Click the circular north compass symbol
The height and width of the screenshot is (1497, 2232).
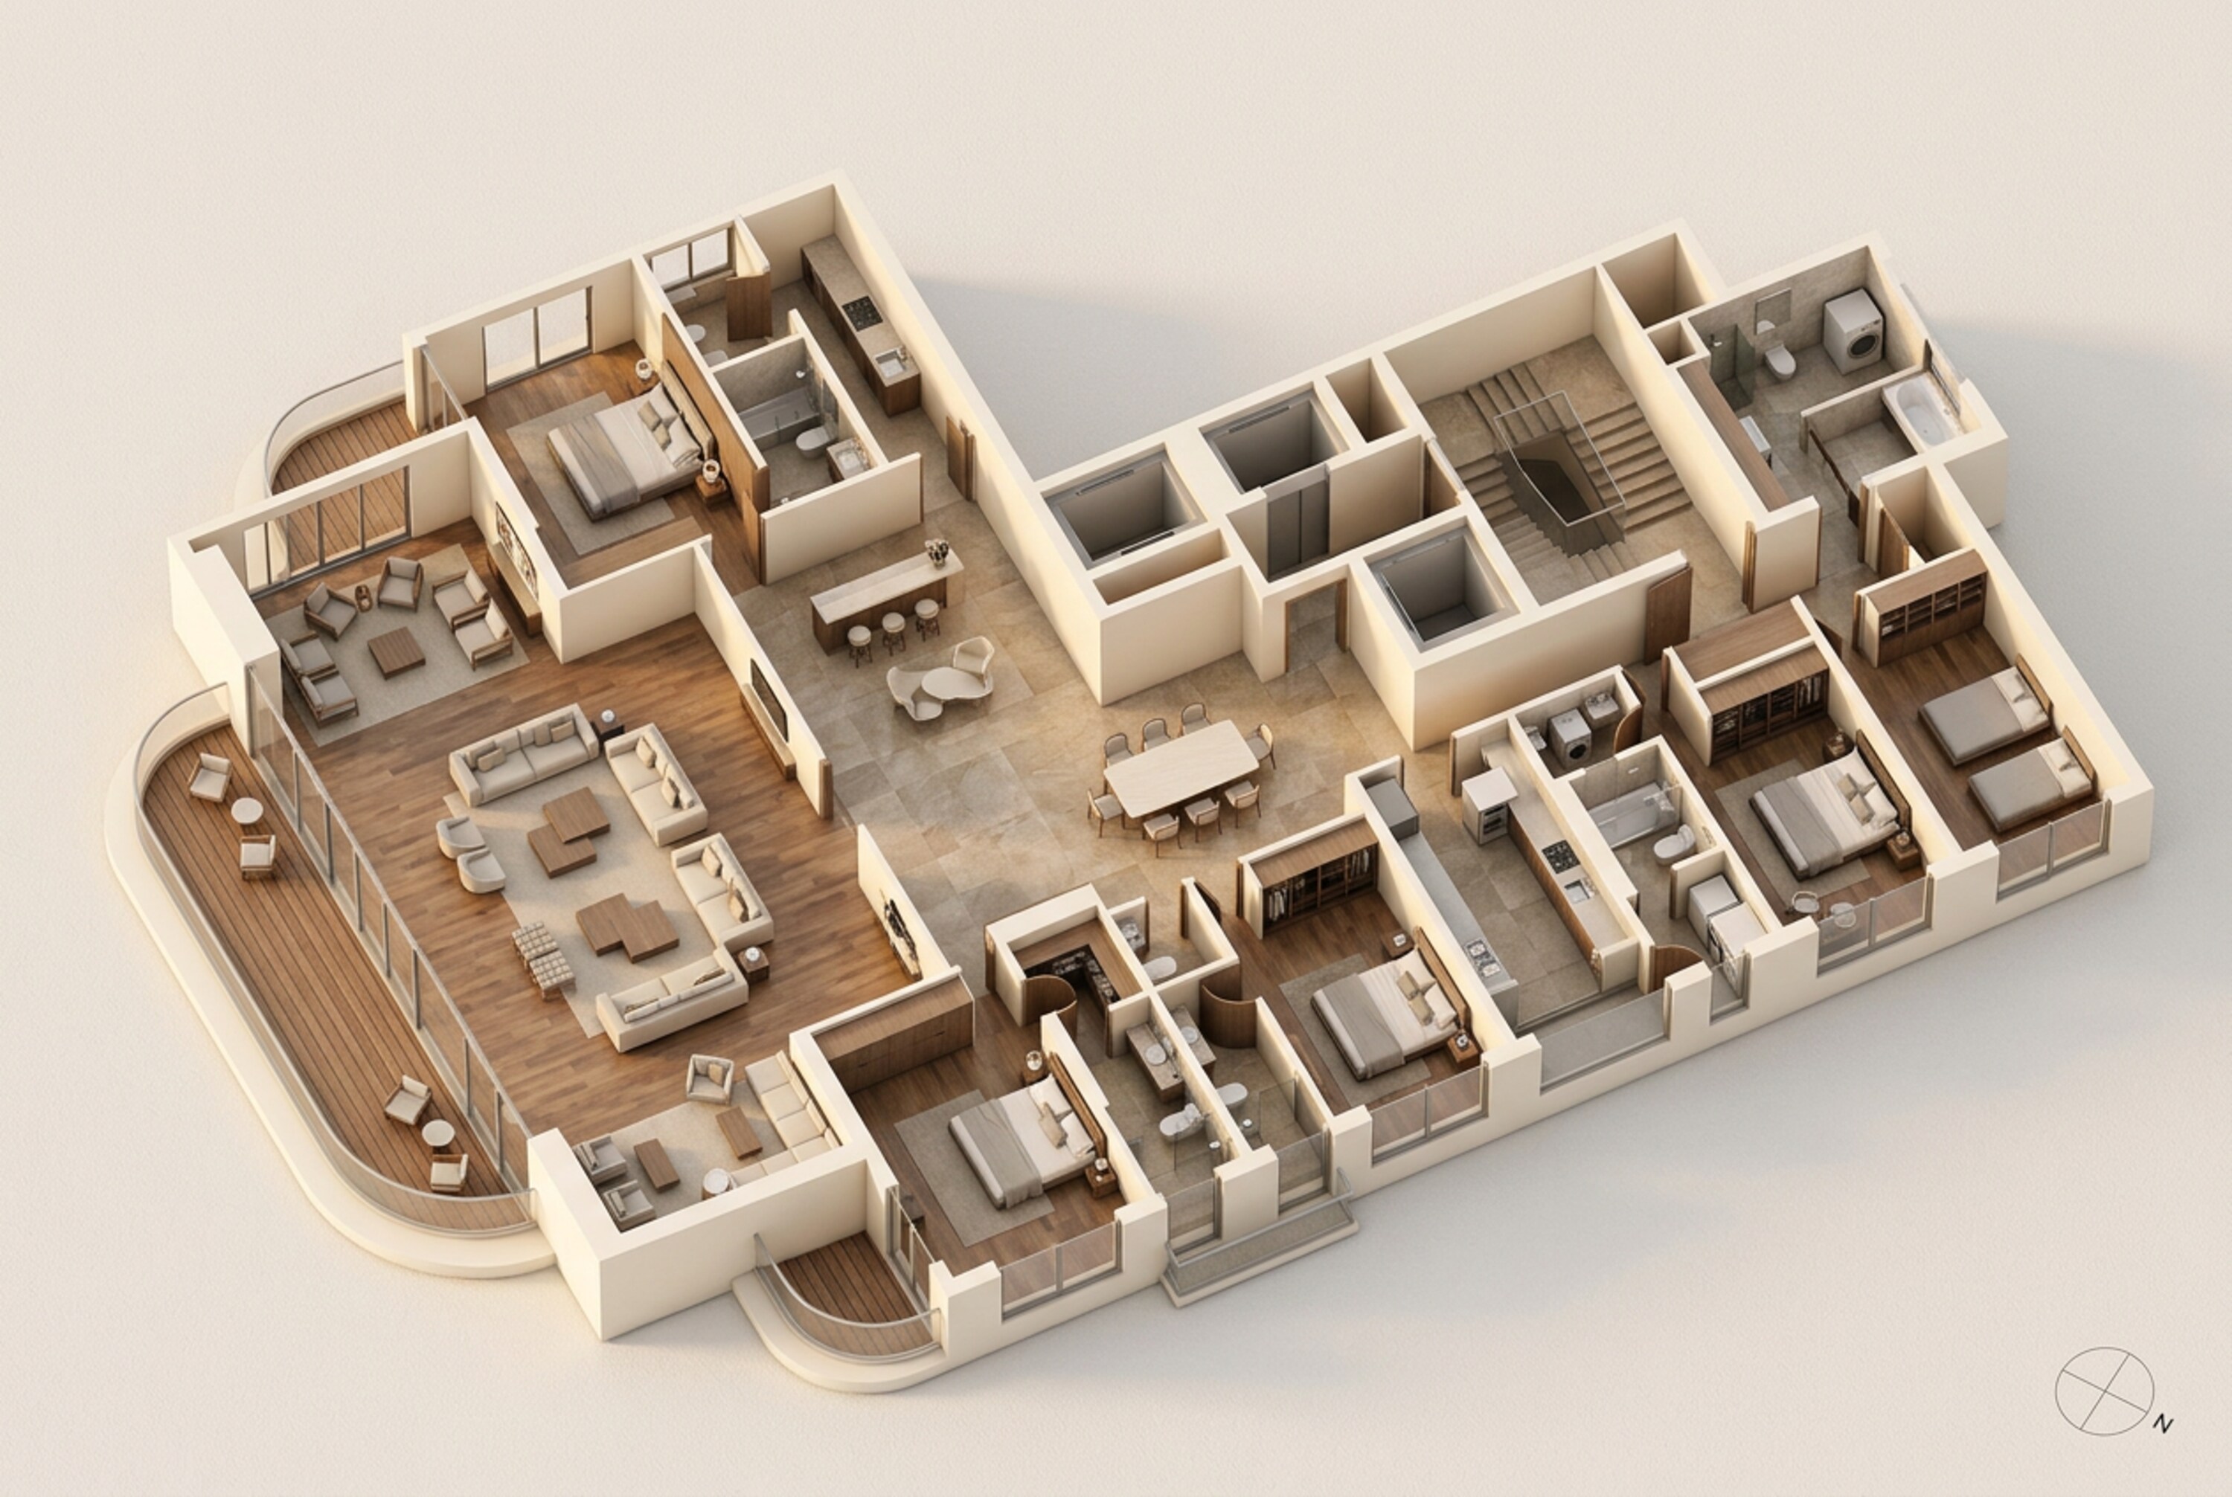(2103, 1391)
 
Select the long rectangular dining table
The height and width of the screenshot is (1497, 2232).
(1181, 767)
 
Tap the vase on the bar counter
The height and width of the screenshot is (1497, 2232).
(937, 551)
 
